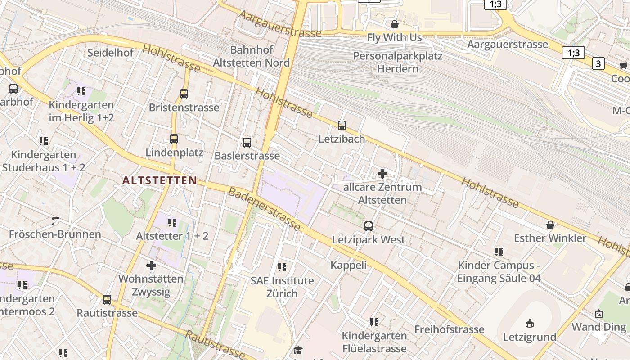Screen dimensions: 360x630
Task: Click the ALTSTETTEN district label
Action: tap(160, 181)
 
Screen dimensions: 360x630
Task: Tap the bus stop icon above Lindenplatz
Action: tap(174, 139)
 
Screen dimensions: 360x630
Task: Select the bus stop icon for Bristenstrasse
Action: tap(184, 94)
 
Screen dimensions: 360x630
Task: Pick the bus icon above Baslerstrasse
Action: tap(247, 143)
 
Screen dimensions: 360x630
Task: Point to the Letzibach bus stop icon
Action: tap(342, 126)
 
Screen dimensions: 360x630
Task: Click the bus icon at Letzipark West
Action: tap(369, 226)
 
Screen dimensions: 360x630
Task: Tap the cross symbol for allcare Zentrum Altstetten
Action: tap(382, 174)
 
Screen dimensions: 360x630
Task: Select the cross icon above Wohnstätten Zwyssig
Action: tap(151, 265)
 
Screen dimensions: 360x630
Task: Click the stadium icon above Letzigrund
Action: tap(530, 323)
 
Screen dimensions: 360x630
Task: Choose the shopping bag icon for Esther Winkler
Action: tap(550, 225)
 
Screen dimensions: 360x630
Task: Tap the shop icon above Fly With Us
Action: tap(395, 24)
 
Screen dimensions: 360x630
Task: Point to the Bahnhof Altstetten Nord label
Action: tap(251, 56)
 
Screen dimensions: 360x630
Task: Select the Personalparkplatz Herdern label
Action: tap(398, 63)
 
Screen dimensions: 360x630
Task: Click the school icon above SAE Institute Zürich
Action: tap(282, 267)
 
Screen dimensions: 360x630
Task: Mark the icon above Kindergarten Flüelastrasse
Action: tap(374, 322)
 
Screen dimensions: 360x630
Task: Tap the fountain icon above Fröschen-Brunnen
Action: tap(55, 221)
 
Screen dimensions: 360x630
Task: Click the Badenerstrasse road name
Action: tap(264, 209)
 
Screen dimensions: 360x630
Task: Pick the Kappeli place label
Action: tap(349, 265)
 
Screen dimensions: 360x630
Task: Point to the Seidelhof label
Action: tap(110, 53)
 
